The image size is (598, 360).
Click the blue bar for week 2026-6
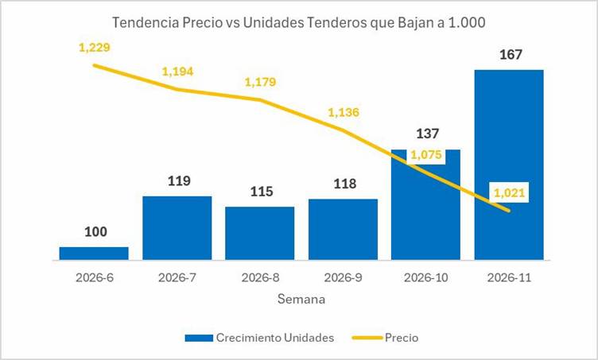pos(94,253)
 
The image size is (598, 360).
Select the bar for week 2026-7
pos(177,227)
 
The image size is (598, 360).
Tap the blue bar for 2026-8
pos(259,233)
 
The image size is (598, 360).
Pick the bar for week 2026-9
pos(343,229)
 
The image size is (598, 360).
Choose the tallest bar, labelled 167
pos(509,164)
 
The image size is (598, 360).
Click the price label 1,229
pos(94,48)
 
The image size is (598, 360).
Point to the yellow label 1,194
pos(177,72)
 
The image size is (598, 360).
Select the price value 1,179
pos(260,82)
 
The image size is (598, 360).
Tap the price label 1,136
pos(343,112)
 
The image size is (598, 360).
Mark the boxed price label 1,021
pos(509,192)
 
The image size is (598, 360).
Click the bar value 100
pos(94,232)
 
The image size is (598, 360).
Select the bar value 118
pos(343,184)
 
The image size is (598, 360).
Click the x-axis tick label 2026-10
pos(426,277)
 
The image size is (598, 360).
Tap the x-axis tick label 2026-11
pos(509,277)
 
